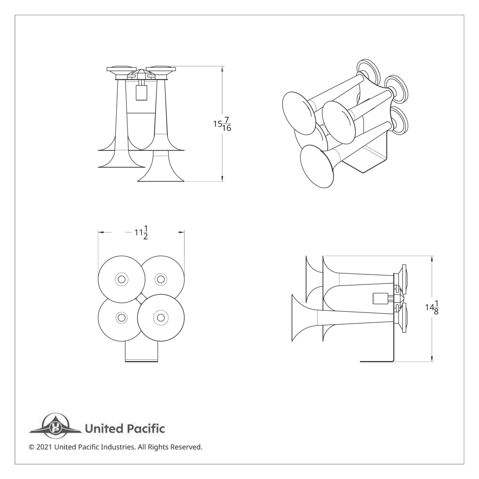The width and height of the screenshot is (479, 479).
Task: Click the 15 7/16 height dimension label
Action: [x=222, y=124]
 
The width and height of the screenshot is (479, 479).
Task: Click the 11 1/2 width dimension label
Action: [x=141, y=232]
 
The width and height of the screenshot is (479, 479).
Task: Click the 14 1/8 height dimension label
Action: [x=432, y=308]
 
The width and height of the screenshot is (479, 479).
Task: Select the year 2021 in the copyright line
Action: [x=44, y=447]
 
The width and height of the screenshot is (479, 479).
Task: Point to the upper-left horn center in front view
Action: [x=121, y=279]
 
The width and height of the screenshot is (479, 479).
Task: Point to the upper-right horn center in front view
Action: [x=160, y=279]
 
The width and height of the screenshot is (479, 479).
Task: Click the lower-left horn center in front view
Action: [x=121, y=318]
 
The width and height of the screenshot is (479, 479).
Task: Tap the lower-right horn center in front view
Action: [x=160, y=318]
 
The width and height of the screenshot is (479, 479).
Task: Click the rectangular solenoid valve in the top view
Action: [x=141, y=93]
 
